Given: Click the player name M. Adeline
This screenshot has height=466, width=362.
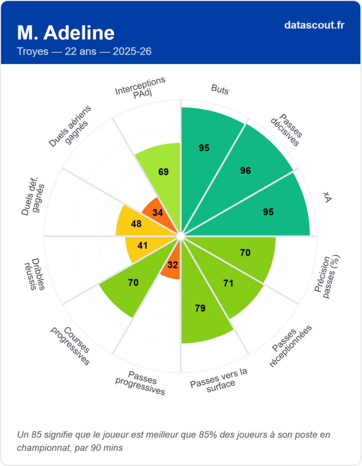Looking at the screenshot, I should click(66, 33).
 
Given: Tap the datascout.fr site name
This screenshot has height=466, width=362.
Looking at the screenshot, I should click(314, 25).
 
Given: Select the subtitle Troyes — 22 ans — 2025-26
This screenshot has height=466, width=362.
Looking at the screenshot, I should click(84, 51).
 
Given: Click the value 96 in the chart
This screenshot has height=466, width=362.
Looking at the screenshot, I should click(245, 171).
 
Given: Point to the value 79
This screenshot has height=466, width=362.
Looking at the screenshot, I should click(200, 308).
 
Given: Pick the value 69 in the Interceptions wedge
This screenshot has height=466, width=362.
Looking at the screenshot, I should click(163, 172).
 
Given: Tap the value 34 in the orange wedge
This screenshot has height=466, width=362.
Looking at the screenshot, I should click(158, 213).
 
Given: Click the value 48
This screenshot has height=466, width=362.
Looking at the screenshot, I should click(136, 223).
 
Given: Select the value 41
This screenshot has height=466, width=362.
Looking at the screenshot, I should click(142, 246).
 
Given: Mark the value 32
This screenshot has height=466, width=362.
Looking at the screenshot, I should click(173, 264).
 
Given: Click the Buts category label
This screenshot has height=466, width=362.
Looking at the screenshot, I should click(220, 89).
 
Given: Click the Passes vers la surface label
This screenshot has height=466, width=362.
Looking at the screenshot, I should click(219, 377).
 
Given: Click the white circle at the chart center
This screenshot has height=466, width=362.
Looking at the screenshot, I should click(181, 236).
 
